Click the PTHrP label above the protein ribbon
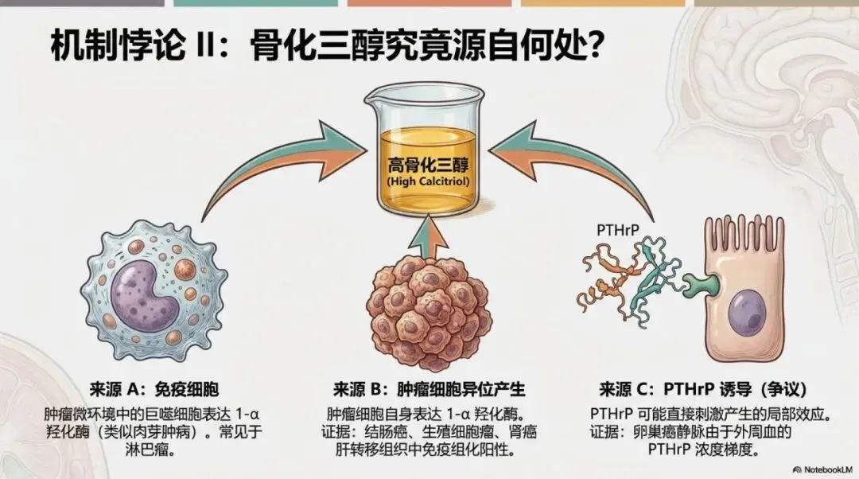tap(616, 229)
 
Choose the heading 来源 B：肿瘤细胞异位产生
tap(429, 390)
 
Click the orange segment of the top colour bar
tap(429, 3)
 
